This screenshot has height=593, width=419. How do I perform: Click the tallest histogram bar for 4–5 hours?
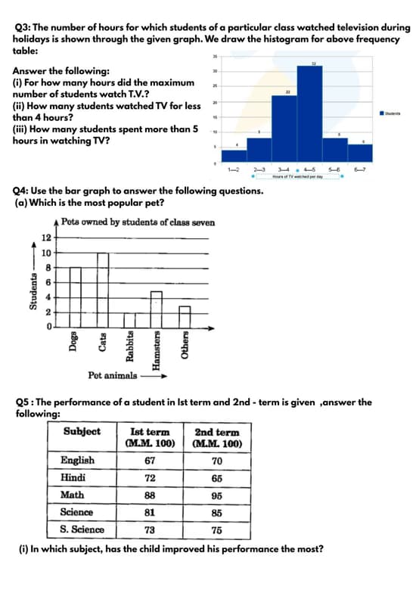309,113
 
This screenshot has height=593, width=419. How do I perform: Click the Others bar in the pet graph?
184,317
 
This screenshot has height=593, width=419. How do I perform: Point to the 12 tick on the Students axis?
45,238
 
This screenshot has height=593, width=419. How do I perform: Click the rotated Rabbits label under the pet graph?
130,348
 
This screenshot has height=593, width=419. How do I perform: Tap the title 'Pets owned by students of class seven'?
138,222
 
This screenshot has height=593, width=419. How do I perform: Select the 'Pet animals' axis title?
113,375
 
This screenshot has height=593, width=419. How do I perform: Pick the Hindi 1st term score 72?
150,478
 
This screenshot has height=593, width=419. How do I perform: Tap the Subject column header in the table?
82,432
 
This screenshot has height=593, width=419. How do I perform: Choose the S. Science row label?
82,529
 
